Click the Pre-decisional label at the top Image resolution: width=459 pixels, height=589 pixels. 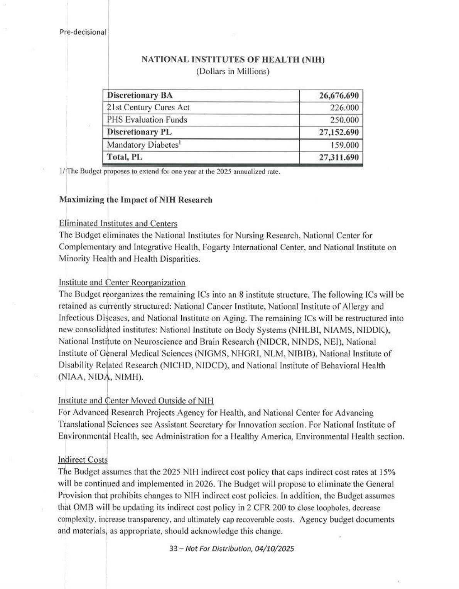coord(83,32)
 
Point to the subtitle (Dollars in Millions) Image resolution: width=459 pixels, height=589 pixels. coord(233,71)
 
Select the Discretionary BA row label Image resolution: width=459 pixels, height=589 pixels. coord(140,96)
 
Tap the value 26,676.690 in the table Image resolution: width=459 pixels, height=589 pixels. coord(339,96)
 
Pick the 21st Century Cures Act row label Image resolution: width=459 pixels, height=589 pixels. coord(148,108)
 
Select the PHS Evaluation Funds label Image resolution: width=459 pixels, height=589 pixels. coord(147,120)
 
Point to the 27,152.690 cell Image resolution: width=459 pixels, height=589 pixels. coord(339,132)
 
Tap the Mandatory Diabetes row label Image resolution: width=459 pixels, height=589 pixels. coord(143,145)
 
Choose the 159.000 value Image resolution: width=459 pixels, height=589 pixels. coord(345,145)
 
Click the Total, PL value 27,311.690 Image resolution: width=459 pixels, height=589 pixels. coord(339,157)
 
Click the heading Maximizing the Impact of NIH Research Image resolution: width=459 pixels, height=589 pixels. coord(135,200)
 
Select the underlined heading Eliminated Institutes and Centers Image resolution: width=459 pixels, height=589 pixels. coord(118,224)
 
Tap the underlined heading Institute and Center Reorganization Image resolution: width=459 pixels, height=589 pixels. coord(122,283)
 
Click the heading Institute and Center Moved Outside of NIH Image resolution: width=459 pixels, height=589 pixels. coord(136,401)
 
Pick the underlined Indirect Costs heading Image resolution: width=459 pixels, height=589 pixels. coord(83,459)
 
